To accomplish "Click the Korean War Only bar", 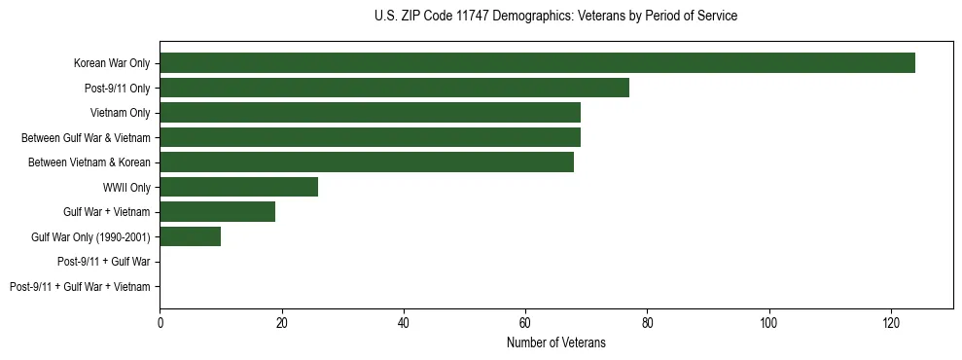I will point(537,63).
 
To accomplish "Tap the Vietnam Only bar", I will point(370,113).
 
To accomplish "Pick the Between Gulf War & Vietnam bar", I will point(370,137).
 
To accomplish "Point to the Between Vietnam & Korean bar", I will point(367,162).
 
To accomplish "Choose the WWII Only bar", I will point(238,187).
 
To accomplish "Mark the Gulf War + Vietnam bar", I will point(217,211).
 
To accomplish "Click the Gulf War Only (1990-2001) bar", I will point(190,236).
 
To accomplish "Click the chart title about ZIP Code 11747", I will point(555,17).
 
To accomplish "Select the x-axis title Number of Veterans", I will point(555,342).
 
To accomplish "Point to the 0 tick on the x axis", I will point(160,322).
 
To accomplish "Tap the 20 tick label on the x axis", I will point(281,322).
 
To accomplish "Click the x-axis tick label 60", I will point(525,322).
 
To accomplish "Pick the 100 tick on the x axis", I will point(769,322).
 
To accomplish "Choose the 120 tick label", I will point(891,322).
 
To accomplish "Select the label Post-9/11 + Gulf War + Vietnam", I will point(80,286).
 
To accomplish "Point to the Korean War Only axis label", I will point(112,63).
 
